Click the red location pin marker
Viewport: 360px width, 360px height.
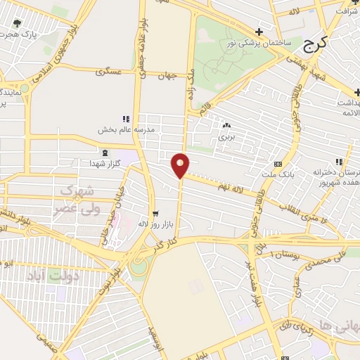point(180,165)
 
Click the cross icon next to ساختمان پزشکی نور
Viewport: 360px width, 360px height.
point(259,32)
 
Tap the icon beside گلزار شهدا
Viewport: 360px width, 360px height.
point(105,153)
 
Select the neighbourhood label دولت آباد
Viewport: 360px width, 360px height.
point(54,276)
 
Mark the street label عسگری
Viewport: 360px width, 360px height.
point(110,72)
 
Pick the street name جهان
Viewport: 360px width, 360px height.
point(165,75)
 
